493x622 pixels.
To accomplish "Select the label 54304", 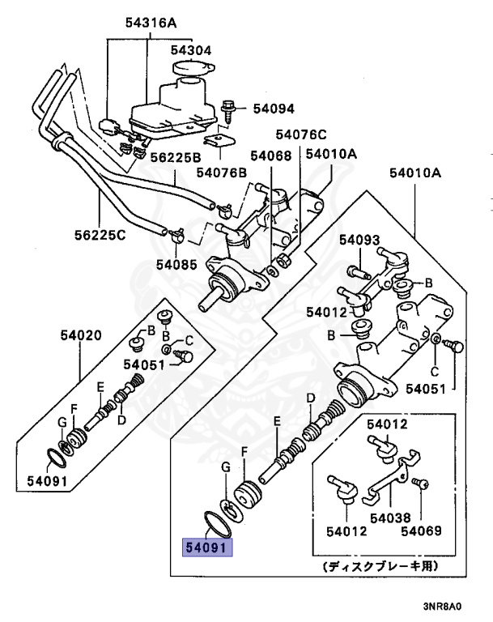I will [x=191, y=49].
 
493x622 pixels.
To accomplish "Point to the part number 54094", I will [x=274, y=108].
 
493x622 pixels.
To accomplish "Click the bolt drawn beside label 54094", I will [x=229, y=109].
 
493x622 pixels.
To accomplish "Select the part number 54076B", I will [x=221, y=172].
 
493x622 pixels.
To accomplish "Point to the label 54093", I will [x=359, y=240].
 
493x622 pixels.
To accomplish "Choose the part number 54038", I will [x=389, y=518].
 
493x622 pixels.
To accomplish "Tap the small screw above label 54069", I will [x=420, y=484].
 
